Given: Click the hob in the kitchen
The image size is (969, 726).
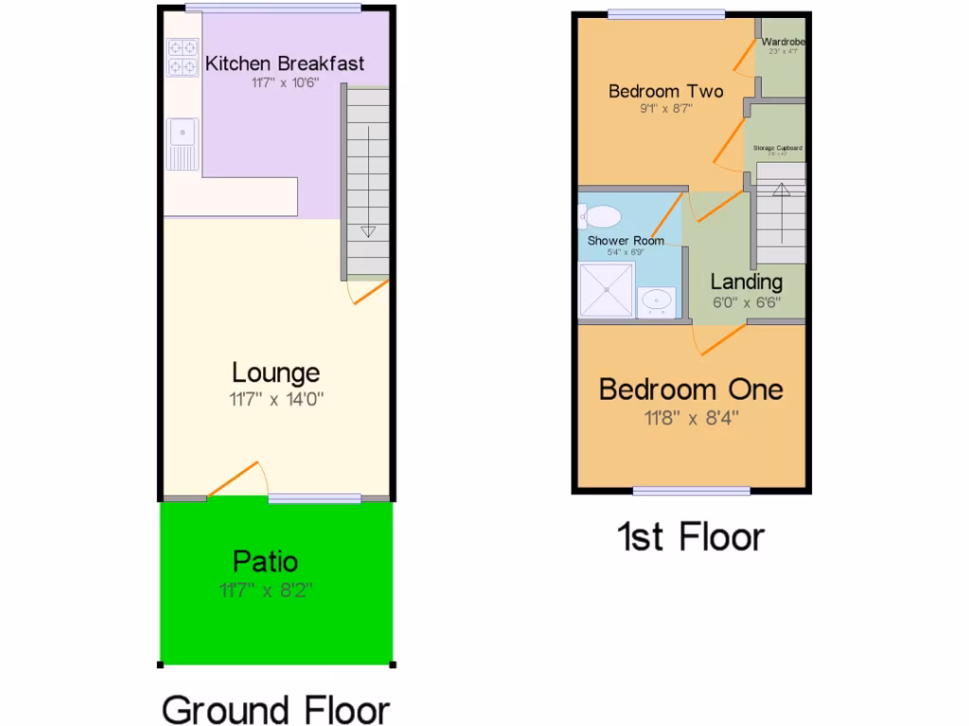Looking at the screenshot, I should (183, 56).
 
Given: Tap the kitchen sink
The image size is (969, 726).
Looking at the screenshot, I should (183, 144).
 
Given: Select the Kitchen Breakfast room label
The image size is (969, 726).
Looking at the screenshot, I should (285, 64).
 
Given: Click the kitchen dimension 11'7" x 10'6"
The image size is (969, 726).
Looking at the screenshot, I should (285, 83).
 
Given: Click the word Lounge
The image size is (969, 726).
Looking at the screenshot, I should (275, 373).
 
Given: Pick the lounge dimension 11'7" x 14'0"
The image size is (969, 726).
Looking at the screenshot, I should (275, 399).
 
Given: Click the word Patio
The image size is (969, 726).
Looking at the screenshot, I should (265, 562).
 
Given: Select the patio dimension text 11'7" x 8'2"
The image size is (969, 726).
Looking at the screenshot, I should (265, 592).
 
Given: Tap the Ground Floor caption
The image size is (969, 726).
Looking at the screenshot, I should (275, 709).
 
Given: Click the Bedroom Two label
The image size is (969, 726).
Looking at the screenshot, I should (665, 92).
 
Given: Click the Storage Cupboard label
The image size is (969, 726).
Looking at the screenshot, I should (778, 148).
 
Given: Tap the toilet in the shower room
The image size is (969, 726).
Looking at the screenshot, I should (603, 216).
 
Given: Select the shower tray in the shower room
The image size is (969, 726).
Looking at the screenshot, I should (605, 289).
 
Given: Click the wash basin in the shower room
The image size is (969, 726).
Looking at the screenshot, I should (656, 302).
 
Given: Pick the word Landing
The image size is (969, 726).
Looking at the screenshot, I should (747, 282).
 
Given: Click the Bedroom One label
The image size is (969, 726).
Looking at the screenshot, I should (691, 389).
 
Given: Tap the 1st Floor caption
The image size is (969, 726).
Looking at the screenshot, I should (691, 537).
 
